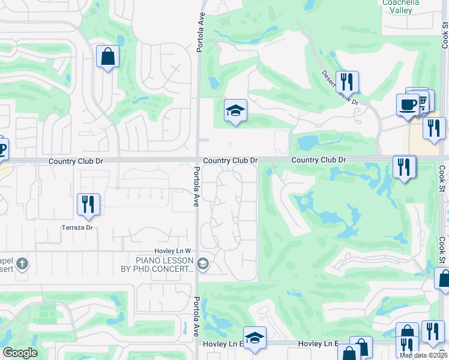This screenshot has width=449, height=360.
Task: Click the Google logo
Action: pyautogui.click(x=20, y=353)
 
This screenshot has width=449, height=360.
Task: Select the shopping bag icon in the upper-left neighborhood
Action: pyautogui.click(x=107, y=57)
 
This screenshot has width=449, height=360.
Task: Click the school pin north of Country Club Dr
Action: pyautogui.click(x=235, y=110)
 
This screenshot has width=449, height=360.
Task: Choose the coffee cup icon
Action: pyautogui.click(x=408, y=104)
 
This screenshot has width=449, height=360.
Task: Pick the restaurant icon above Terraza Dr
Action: pyautogui.click(x=88, y=204)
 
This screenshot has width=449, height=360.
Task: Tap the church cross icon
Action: pyautogui.click(x=22, y=263)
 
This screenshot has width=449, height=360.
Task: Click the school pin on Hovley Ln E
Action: pyautogui.click(x=255, y=338)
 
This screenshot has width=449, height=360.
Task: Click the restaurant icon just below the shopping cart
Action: pyautogui.click(x=433, y=128)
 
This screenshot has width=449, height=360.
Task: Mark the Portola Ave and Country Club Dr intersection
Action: pyautogui.click(x=197, y=160)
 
